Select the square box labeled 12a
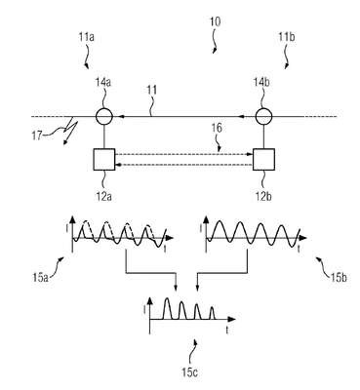[104, 159]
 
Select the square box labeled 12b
[263, 159]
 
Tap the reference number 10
[215, 22]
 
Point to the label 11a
[86, 37]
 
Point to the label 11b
[287, 37]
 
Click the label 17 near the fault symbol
[37, 135]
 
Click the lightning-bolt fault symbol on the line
[71, 132]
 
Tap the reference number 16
[217, 128]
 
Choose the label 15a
[41, 278]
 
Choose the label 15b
[339, 278]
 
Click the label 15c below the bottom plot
[189, 372]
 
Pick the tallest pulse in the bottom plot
[167, 308]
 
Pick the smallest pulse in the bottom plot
[212, 313]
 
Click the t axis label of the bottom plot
[227, 331]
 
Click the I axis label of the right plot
[201, 229]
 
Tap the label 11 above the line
[151, 90]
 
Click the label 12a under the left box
[104, 197]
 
